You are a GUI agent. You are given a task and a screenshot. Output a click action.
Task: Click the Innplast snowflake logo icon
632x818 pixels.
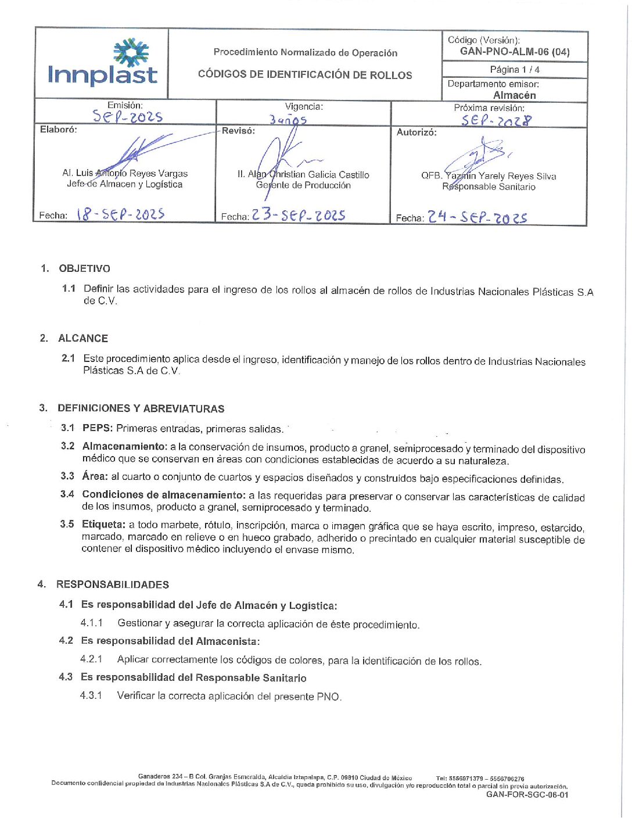point(131,53)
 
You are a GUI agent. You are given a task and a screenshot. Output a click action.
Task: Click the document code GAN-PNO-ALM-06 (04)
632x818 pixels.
point(515,52)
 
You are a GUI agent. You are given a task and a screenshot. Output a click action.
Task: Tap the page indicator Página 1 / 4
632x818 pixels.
point(515,70)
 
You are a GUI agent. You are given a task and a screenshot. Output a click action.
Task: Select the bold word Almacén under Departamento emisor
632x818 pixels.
point(515,95)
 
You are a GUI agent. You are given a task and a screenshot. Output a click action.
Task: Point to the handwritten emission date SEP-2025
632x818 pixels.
point(128,116)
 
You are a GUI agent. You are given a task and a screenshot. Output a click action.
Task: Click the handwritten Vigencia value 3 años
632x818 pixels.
point(288,120)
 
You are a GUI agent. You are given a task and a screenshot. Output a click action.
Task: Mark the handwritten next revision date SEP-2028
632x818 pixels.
point(496,120)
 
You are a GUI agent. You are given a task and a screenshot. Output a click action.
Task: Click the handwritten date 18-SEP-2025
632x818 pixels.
point(120,214)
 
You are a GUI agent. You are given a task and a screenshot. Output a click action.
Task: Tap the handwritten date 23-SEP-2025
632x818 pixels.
point(299,215)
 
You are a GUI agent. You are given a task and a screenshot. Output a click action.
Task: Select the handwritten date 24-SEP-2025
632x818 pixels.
point(477,217)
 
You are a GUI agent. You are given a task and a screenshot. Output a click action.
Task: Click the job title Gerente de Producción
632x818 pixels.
point(303,185)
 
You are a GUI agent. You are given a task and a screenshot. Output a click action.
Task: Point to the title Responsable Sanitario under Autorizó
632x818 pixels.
point(489,187)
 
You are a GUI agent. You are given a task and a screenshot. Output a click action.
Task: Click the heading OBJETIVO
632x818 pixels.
point(84,268)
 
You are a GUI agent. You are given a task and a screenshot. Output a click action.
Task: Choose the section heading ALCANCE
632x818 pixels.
point(83,338)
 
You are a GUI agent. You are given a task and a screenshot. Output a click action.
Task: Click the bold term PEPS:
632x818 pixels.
point(98,428)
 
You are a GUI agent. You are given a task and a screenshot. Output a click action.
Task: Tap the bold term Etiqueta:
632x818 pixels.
point(103,525)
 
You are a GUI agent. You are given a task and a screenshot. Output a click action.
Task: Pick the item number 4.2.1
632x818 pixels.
point(91,659)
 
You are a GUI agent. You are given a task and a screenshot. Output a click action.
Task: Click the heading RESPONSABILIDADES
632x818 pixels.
point(113,584)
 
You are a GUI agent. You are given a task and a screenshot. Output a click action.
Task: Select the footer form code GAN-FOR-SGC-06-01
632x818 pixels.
point(527,795)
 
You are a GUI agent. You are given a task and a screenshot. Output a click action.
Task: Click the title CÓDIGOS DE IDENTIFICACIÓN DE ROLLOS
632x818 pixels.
point(305,75)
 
